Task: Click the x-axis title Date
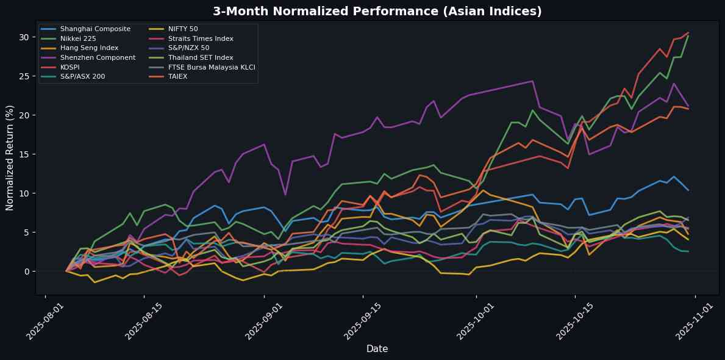377,348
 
